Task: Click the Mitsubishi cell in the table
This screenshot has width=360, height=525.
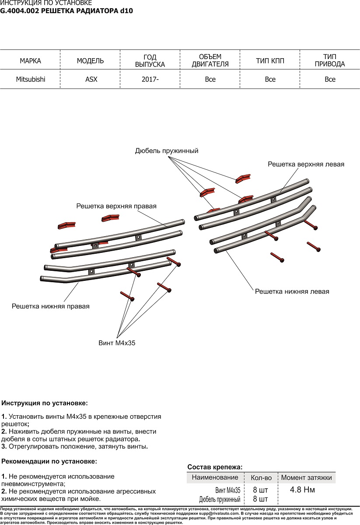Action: point(31,79)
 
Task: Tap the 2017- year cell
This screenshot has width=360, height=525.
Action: point(150,79)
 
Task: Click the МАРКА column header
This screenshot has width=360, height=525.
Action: point(31,61)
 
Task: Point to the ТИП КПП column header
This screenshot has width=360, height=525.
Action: point(270,61)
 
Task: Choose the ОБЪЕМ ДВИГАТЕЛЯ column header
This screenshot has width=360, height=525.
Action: point(210,60)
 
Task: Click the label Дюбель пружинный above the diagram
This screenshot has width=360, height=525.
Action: point(167,150)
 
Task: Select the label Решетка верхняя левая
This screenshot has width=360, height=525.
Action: point(306,164)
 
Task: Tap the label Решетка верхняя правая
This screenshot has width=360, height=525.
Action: point(116,206)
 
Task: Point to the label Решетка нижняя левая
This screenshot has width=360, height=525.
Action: point(292,291)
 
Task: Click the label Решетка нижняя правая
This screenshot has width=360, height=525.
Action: point(51,306)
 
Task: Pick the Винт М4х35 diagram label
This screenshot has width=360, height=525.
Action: point(117,343)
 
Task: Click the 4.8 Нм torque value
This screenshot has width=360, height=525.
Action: point(302,490)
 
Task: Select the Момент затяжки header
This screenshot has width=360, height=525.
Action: point(306,478)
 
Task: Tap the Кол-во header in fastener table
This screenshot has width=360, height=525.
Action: point(261,478)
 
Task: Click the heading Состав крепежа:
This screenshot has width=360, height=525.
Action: point(215,467)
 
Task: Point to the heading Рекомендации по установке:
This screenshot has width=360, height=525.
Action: point(49,461)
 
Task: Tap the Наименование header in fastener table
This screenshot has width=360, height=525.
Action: point(215,477)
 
